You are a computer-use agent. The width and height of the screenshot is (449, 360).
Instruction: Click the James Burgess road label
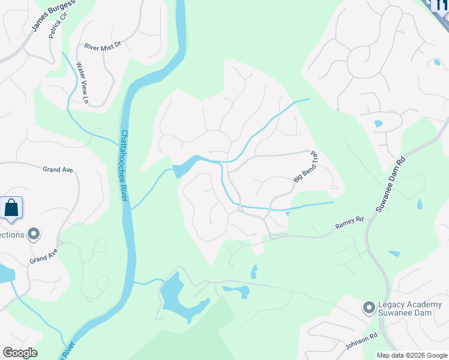point(55,16)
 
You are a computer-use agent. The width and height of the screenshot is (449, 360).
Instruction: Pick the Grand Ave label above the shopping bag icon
point(58,170)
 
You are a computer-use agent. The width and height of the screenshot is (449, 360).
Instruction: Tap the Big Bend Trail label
point(305,167)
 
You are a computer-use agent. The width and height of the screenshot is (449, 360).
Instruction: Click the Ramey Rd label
point(349,223)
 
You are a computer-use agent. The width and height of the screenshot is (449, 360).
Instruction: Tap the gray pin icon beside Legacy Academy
point(369,308)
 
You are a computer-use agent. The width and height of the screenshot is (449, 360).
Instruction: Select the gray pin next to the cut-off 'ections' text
point(34,234)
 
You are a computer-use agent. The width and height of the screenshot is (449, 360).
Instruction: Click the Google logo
point(20,353)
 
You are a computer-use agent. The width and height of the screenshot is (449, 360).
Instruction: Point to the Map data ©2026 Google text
point(411,355)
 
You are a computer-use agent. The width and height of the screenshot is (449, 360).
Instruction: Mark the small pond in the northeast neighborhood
point(378,124)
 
